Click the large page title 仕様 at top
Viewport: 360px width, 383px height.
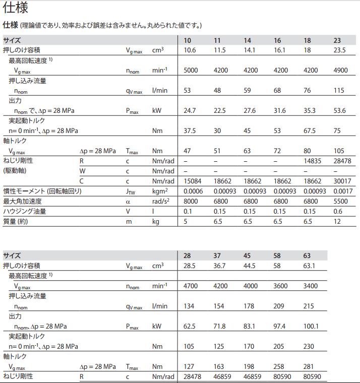tap(15, 8)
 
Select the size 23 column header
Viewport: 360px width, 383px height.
tap(337, 40)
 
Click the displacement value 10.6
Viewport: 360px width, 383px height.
tap(190, 50)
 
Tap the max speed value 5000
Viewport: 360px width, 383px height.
tap(191, 70)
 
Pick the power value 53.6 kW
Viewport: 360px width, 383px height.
tap(339, 110)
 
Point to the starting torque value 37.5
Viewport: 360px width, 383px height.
tap(190, 131)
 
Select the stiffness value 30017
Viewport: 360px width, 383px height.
tap(342, 181)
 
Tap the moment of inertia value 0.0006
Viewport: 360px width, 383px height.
tap(193, 191)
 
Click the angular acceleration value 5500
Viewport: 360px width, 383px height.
tap(340, 201)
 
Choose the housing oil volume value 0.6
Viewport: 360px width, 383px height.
tap(337, 211)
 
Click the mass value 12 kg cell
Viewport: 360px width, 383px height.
tap(337, 221)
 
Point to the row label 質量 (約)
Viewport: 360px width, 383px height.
tap(16, 221)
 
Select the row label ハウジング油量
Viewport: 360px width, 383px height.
tap(25, 211)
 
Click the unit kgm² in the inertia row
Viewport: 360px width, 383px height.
tap(160, 191)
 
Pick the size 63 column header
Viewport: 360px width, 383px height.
tap(307, 256)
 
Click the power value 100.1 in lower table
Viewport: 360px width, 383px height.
tap(311, 326)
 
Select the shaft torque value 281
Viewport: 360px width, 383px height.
tap(309, 366)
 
